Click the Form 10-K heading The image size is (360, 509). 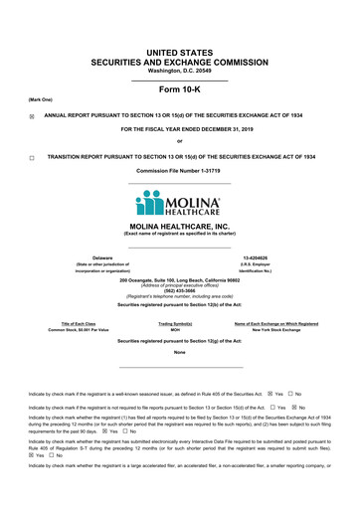click(x=179, y=88)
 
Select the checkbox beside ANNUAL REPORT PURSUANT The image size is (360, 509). click(x=32, y=115)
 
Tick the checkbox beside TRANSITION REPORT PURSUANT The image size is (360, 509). click(x=32, y=157)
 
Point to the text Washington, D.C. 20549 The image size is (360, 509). click(x=179, y=71)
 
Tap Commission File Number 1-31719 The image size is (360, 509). click(x=179, y=171)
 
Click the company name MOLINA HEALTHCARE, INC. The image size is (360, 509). click(x=179, y=227)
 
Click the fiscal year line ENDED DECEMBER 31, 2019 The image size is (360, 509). click(x=179, y=129)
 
